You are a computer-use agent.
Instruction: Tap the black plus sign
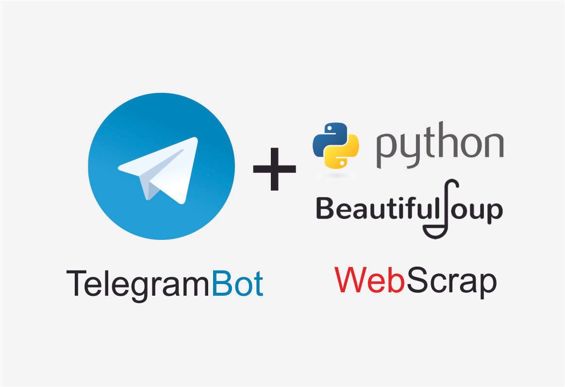[275, 169]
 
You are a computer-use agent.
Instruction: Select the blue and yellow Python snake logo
[336, 145]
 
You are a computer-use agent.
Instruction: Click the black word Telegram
[138, 285]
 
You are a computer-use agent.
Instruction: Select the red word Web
[369, 280]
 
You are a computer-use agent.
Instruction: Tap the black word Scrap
[451, 281]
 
